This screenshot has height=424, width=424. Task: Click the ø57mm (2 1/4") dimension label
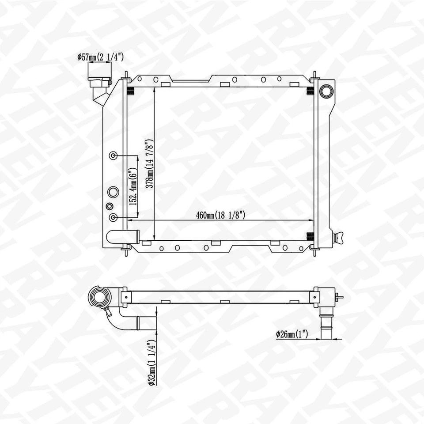(100, 57)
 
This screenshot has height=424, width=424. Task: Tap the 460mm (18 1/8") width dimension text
(221, 215)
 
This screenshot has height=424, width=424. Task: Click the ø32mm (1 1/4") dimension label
(151, 363)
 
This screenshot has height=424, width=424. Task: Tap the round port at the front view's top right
(326, 91)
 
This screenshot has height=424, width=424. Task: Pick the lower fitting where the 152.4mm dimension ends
(114, 218)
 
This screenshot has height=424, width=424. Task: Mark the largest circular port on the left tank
(113, 192)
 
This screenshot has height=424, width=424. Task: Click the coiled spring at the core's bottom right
(310, 236)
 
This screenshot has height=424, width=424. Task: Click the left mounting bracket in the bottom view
(125, 297)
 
